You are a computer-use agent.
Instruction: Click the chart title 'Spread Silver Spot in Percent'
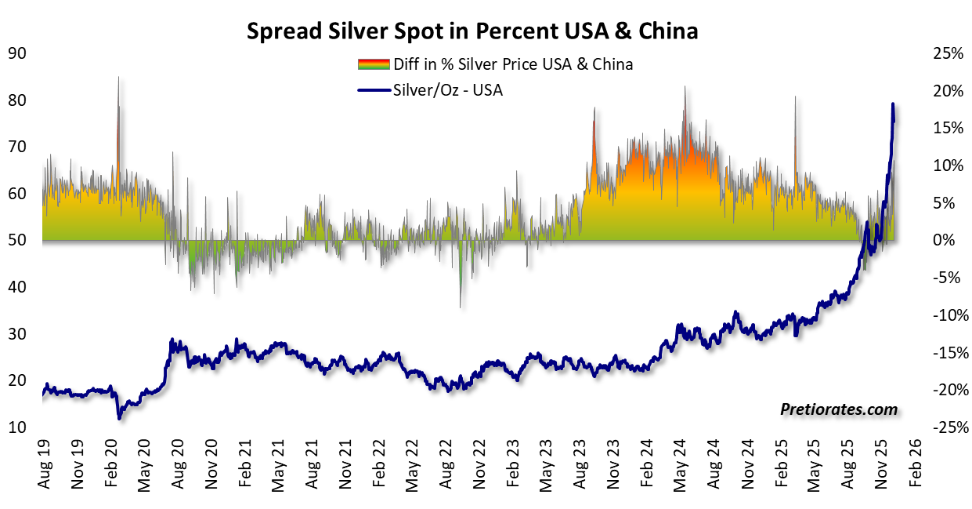[x=472, y=31]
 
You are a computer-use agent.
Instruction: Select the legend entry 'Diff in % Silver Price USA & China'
[x=495, y=64]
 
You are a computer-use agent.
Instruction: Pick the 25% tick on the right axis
[x=946, y=53]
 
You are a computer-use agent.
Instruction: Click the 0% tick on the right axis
[x=949, y=240]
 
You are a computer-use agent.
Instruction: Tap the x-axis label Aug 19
[x=44, y=468]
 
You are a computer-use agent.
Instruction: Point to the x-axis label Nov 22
[x=479, y=468]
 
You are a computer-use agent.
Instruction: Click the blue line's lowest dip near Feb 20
[x=119, y=417]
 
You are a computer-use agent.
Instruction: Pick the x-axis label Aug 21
[x=312, y=468]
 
